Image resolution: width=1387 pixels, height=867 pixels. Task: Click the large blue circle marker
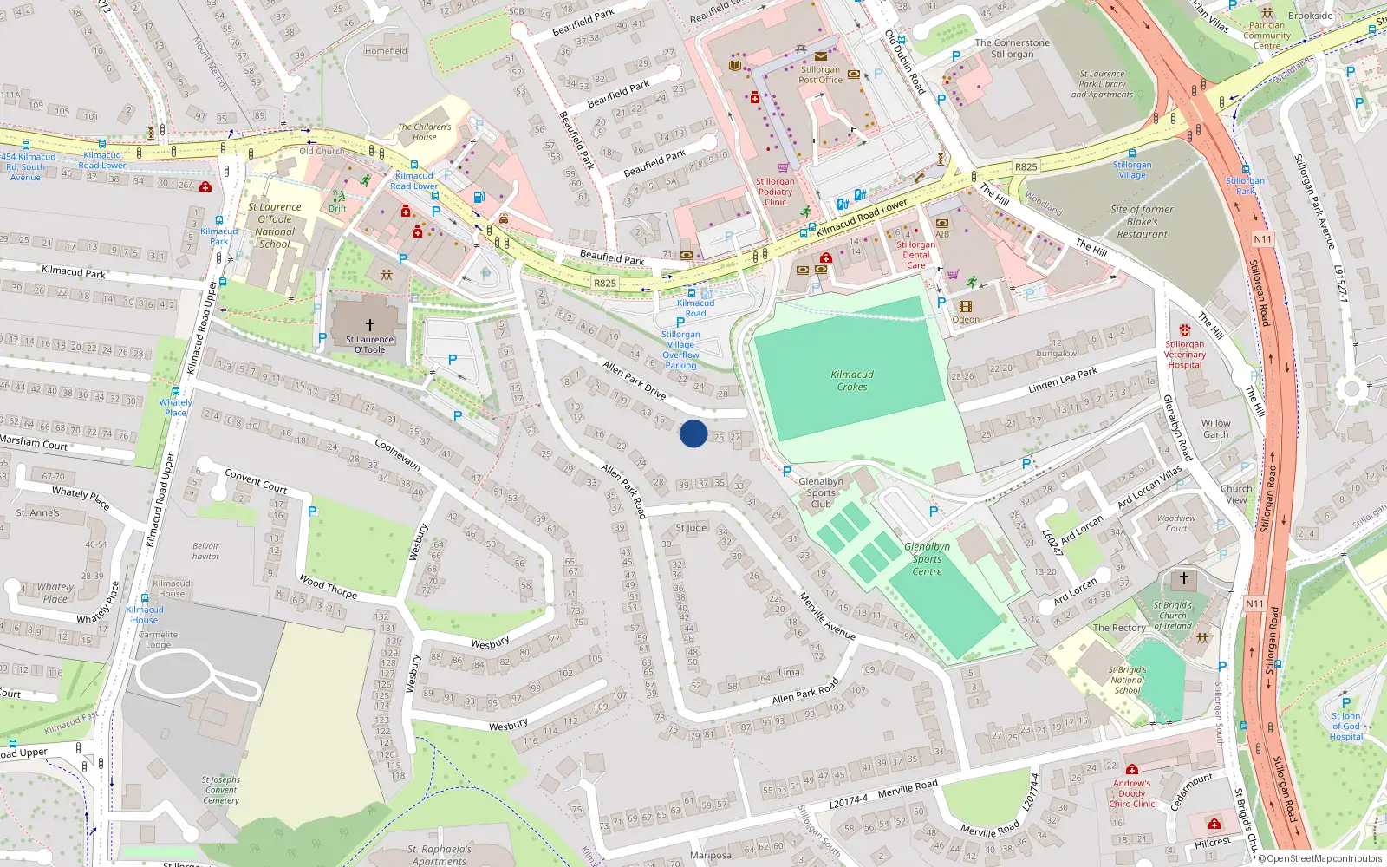tap(693, 433)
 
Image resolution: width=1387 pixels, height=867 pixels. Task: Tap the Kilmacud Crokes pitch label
tap(852, 381)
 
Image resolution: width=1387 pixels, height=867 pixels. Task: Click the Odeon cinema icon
tap(966, 306)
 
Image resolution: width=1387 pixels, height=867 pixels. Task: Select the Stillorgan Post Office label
tap(820, 75)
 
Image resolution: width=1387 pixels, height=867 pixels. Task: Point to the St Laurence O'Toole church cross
tap(370, 325)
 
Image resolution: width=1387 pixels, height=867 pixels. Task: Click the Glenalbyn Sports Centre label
tap(927, 559)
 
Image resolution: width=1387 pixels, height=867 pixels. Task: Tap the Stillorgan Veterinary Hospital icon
tap(1185, 330)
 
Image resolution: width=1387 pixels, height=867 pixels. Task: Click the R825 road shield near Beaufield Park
tap(605, 284)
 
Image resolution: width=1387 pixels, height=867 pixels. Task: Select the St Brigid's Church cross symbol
tap(1184, 578)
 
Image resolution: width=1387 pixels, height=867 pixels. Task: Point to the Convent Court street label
tap(256, 480)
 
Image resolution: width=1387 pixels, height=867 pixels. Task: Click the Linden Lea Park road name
tap(1063, 380)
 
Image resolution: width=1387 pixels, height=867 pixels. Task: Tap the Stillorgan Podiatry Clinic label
tap(775, 192)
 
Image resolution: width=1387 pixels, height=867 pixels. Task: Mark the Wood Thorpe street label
tap(328, 587)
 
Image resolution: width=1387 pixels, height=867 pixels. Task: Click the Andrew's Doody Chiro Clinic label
tap(1131, 793)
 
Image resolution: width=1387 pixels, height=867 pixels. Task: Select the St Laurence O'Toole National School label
tap(275, 225)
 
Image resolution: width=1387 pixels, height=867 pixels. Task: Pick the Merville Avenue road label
tap(827, 617)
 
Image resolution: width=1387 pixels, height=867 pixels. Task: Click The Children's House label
tap(424, 132)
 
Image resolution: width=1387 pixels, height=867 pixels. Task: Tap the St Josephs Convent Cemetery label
tap(221, 790)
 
